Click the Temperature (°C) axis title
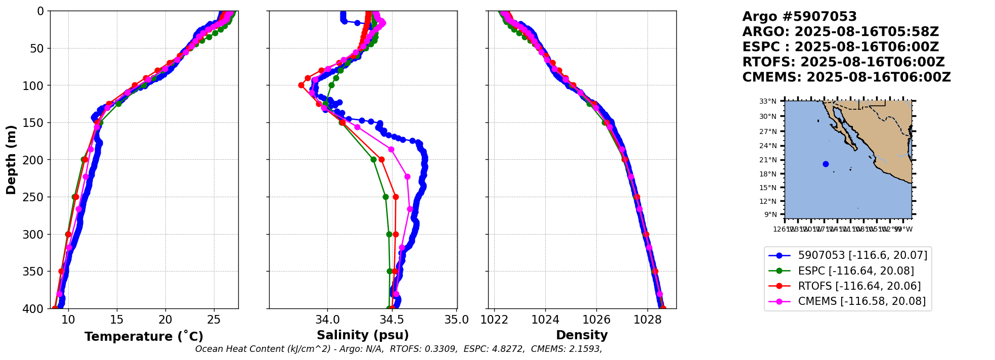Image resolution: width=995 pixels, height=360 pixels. point(144,336)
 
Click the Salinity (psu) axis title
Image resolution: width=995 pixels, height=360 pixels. point(363,335)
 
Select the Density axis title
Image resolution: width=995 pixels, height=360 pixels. point(582,335)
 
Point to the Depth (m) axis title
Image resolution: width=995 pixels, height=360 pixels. point(11,160)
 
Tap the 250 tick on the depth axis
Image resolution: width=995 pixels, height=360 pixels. point(36,197)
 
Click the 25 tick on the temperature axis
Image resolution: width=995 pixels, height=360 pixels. point(214,320)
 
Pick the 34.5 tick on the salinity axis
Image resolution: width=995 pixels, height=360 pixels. point(392,320)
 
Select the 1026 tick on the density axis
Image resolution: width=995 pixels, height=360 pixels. point(596,320)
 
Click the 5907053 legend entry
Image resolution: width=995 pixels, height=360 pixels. point(862,256)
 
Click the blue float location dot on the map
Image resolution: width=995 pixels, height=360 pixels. point(826,164)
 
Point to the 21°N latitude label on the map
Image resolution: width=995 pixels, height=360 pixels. point(767,160)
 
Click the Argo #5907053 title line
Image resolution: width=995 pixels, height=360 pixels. point(799,17)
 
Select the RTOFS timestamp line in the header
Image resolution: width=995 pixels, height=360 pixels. point(843,62)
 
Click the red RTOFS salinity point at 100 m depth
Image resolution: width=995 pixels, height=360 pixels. point(301,85)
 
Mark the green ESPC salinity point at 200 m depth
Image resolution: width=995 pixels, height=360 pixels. point(373,159)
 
